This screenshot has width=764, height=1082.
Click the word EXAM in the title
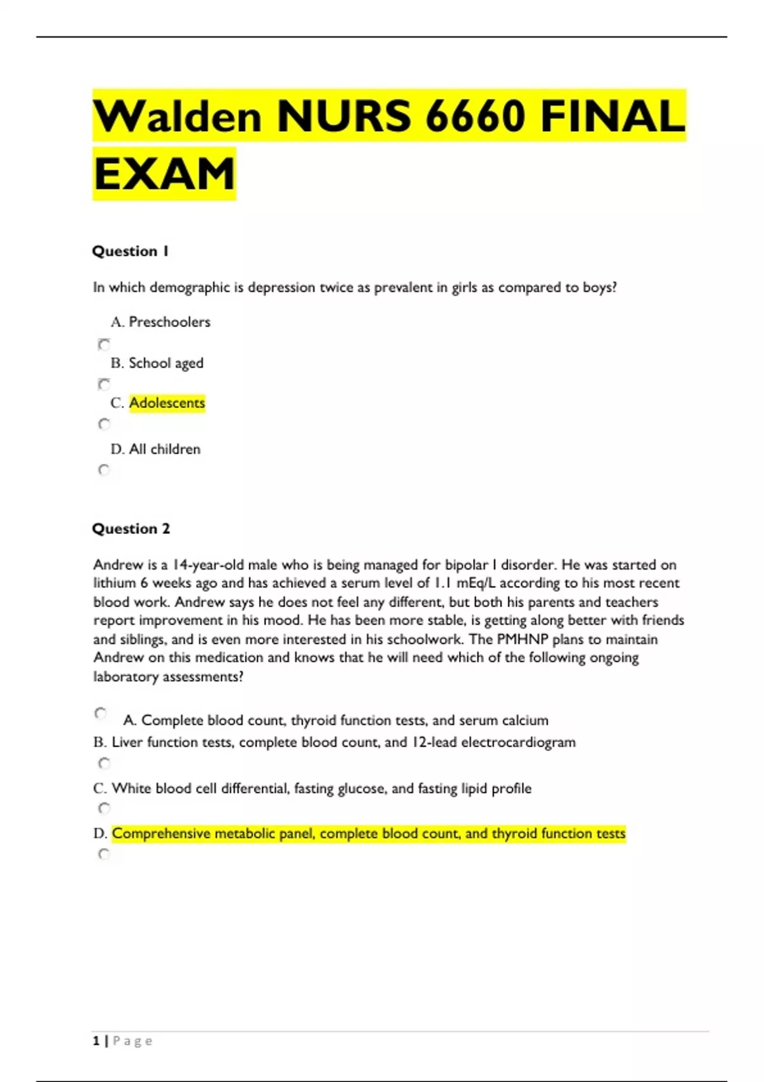point(164,174)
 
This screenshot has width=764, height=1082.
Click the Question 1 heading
point(131,251)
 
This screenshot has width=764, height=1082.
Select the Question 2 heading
point(131,529)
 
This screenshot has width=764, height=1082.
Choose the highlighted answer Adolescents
point(167,403)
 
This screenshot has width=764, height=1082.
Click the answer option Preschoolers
point(169,322)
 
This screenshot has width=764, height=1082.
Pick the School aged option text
point(166,363)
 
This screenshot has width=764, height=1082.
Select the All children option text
point(164,449)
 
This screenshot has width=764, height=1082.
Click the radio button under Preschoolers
point(104,344)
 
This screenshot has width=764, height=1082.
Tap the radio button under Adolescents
point(104,424)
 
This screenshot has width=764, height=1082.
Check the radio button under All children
point(104,470)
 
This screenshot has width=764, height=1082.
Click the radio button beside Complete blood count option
point(101,713)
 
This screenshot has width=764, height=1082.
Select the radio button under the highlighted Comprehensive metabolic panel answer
point(104,854)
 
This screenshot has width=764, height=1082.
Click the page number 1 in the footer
point(96,1041)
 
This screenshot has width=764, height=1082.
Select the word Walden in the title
point(178,116)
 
